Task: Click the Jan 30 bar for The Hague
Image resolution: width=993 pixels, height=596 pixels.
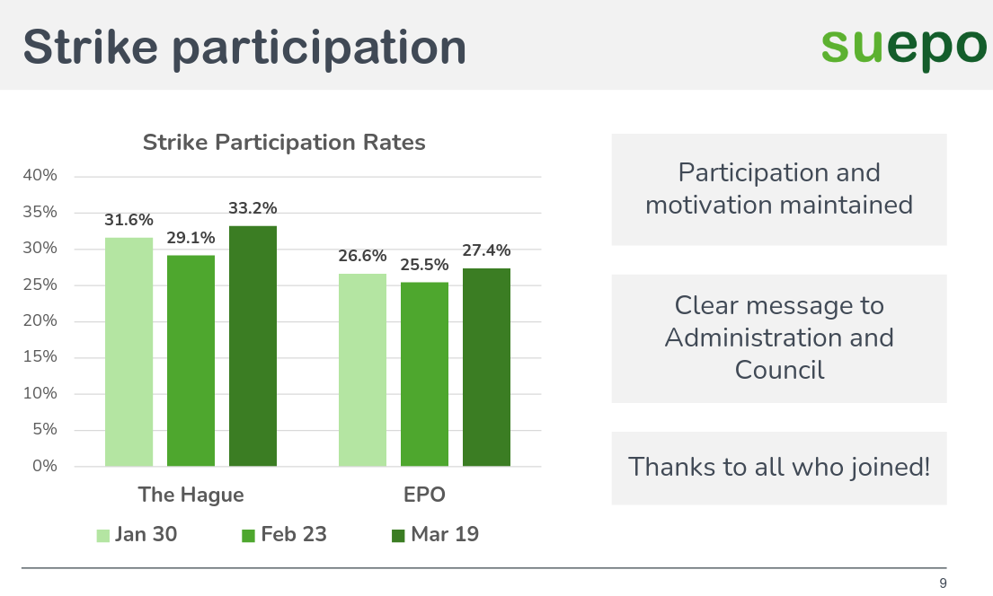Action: pos(129,352)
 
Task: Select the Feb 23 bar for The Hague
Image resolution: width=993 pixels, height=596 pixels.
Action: pos(191,361)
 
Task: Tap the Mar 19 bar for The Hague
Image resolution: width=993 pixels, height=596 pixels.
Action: pos(253,346)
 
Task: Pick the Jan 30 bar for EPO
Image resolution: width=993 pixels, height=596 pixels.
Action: pos(362,370)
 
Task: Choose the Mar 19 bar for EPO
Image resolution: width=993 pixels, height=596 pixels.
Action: pos(486,367)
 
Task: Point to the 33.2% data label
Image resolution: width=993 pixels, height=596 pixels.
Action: pos(253,208)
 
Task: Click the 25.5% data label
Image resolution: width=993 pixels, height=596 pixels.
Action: pos(425,266)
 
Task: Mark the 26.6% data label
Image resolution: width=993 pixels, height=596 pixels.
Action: pos(362,257)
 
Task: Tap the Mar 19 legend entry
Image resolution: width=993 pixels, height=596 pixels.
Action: pos(435,535)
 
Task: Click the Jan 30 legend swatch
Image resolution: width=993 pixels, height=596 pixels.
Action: pos(103,536)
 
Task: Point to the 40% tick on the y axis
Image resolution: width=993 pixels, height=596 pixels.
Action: pos(40,176)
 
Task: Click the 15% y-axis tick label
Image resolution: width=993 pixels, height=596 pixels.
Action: pos(40,357)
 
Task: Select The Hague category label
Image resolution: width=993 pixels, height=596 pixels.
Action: pos(191,495)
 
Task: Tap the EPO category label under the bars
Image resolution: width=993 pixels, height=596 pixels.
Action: pos(425,495)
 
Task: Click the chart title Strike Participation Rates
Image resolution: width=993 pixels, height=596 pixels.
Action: pos(284,143)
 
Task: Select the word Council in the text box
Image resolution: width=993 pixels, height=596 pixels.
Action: pos(779,370)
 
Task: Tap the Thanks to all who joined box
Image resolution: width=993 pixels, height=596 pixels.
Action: pos(779,468)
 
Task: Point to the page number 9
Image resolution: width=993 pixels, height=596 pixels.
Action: pos(943,583)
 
